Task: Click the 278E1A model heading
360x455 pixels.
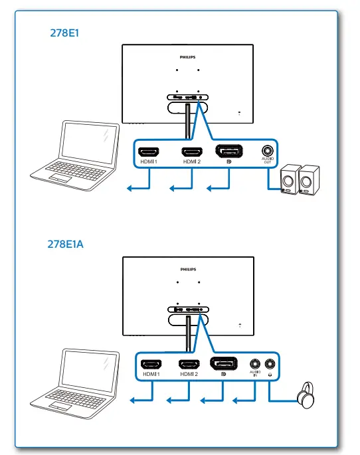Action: [x=64, y=244]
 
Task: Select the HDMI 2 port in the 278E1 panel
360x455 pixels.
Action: [x=191, y=151]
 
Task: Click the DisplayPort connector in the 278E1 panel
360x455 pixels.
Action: [x=229, y=150]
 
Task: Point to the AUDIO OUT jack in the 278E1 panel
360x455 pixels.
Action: [x=268, y=151]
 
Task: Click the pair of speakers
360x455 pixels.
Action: [x=297, y=179]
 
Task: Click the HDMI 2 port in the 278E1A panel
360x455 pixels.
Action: [x=189, y=364]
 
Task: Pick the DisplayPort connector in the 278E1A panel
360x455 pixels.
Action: [x=224, y=363]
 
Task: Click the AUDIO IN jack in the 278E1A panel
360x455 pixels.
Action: [x=254, y=364]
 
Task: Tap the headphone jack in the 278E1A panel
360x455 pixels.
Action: [x=270, y=364]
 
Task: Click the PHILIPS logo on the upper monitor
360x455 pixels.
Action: [x=189, y=58]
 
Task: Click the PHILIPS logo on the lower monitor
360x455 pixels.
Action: [x=189, y=269]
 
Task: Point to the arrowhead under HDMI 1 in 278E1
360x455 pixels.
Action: [x=131, y=189]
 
